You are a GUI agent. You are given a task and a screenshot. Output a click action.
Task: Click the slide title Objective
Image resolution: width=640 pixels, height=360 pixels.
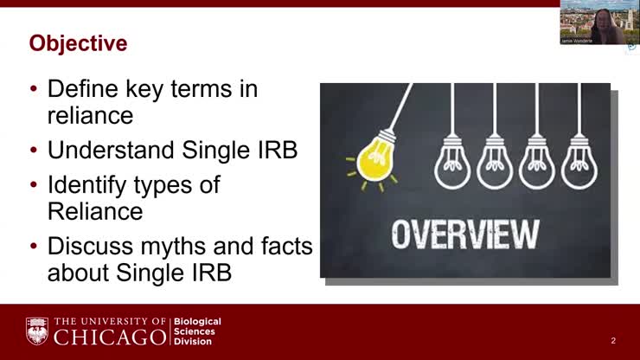[x=78, y=42]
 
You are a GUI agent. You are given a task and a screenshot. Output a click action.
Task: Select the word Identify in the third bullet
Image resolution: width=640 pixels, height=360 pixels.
[x=86, y=185]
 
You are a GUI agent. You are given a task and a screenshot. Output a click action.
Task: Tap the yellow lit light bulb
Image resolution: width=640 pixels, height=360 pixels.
[x=377, y=160]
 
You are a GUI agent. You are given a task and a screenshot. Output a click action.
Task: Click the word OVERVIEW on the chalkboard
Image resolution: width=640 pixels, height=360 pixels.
[x=465, y=235]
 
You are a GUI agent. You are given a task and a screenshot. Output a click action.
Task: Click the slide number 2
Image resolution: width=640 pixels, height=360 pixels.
[x=613, y=341]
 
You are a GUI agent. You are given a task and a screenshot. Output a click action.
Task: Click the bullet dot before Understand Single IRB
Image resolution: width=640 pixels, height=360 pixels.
[x=35, y=151]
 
